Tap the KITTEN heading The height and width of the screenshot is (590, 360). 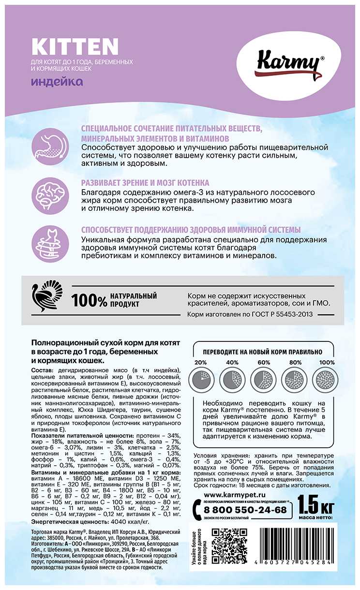pos(75,47)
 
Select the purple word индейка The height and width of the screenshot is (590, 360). pos(57,81)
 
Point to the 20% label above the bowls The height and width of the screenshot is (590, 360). pos(200,363)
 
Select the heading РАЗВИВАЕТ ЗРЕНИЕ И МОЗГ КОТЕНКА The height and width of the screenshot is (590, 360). pos(145,183)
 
